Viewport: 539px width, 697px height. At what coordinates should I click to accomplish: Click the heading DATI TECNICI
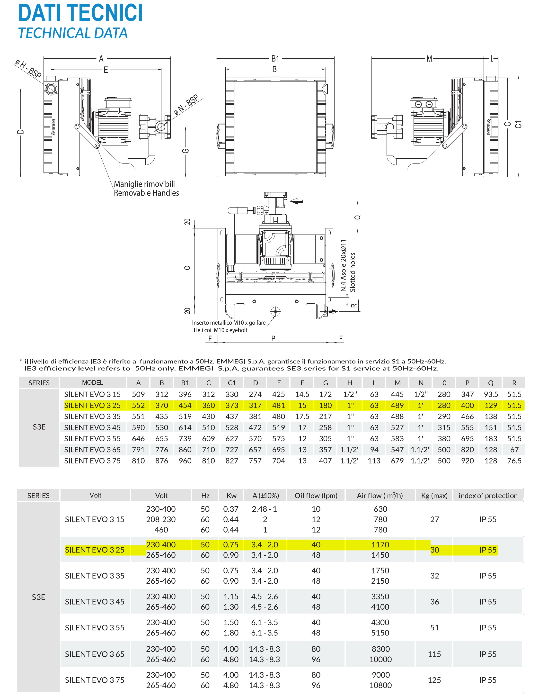(80, 13)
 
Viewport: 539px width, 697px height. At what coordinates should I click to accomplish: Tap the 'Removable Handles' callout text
(146, 193)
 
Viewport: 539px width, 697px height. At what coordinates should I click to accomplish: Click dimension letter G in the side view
(186, 151)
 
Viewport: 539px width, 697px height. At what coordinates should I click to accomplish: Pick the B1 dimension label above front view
(275, 59)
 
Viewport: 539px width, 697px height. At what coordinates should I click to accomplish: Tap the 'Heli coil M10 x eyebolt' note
(220, 330)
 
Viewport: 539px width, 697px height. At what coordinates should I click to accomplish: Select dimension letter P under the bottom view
(273, 339)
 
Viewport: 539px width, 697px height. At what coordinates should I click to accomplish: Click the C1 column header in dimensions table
(232, 383)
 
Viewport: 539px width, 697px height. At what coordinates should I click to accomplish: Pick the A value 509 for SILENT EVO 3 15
(138, 394)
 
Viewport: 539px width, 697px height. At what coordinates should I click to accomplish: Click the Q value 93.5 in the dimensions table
(491, 394)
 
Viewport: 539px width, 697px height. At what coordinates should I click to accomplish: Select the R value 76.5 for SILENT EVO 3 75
(514, 461)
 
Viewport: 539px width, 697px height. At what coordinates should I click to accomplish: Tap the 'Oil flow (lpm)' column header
(316, 496)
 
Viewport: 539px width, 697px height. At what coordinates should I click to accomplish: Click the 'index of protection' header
(488, 496)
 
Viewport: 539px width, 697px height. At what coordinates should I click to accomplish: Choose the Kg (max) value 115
(434, 654)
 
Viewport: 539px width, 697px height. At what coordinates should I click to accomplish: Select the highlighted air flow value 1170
(380, 545)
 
